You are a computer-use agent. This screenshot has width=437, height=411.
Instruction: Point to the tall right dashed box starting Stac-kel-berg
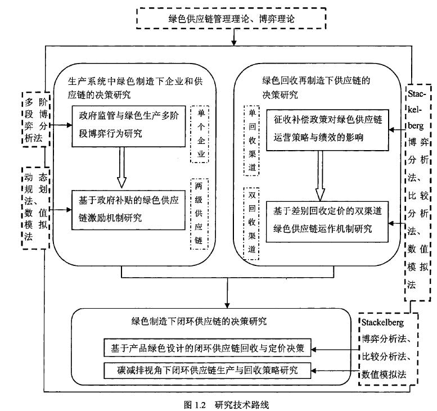tap(418, 186)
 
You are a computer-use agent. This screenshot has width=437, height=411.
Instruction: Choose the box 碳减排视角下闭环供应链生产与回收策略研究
tap(208, 371)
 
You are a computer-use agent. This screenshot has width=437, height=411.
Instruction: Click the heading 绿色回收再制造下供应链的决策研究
tap(315, 87)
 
